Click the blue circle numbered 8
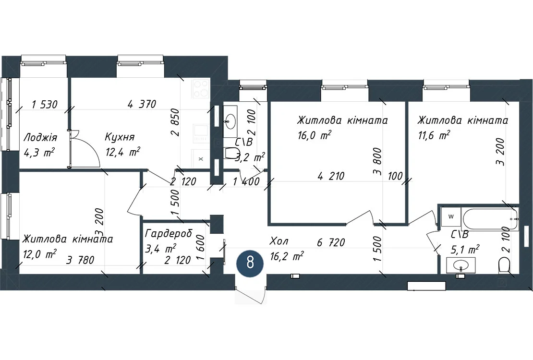pos(250,263)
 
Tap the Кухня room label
pos(119,137)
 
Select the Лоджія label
pos(40,138)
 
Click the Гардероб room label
pos(169,234)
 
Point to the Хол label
pos(279,241)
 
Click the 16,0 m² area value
pos(314,135)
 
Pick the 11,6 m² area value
pos(434,135)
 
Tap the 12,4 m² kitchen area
pos(123,152)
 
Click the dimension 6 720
pos(331,242)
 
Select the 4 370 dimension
pos(142,104)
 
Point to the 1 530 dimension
pos(45,104)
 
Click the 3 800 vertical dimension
pos(377,161)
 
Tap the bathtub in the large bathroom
pos(490,219)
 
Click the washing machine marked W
pos(451,216)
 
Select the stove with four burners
pos(201,88)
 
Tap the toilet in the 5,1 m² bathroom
pos(505,265)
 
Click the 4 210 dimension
pos(331,176)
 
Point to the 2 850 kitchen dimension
pos(175,122)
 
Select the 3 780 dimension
pos(80,260)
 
